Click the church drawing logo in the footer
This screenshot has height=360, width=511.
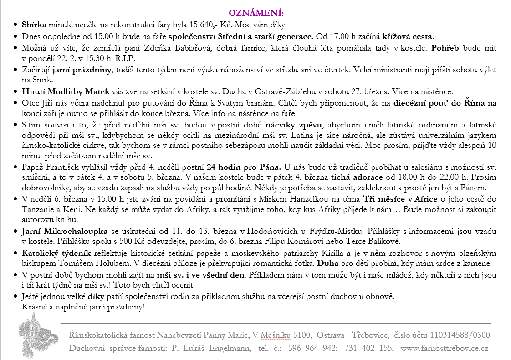tap(38, 337)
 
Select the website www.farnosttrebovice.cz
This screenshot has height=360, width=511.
tap(444, 349)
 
